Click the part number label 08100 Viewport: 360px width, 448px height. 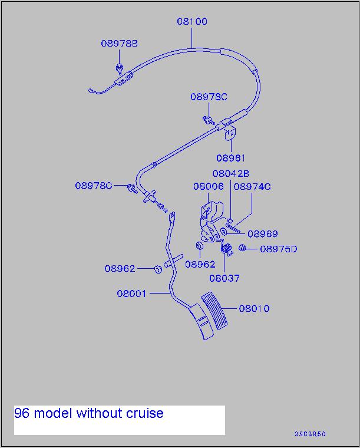(192, 21)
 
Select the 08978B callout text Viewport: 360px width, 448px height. (120, 44)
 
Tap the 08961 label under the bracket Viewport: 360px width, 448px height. (231, 158)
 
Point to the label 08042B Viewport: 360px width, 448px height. (231, 173)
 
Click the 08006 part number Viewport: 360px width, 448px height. (209, 187)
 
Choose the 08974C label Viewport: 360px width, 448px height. (252, 187)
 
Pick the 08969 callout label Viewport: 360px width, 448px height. (263, 233)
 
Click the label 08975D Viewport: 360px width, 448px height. (279, 249)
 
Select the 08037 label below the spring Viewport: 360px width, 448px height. (224, 278)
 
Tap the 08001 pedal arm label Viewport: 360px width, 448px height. (131, 294)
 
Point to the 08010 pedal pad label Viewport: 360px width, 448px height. (255, 308)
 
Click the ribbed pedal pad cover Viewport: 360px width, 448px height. (214, 311)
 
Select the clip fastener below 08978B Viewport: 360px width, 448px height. (120, 69)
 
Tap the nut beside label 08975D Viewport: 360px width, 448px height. (242, 248)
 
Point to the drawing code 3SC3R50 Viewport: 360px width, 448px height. (310, 434)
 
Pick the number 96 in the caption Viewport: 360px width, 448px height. (22, 413)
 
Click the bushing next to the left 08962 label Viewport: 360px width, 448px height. (158, 269)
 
